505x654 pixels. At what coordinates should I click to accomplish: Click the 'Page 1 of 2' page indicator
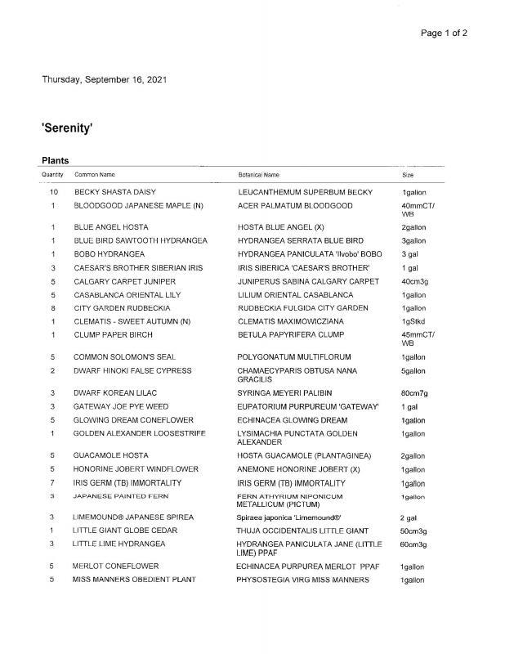click(x=444, y=33)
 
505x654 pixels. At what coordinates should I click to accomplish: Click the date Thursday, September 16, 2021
click(x=106, y=79)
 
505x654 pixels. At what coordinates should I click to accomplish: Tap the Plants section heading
click(x=55, y=160)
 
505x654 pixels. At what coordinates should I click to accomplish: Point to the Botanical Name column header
click(x=258, y=175)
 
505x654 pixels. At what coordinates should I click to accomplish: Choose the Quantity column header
click(x=52, y=175)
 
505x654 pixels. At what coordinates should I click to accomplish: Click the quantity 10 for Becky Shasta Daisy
click(x=54, y=192)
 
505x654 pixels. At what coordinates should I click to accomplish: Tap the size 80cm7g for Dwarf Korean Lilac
click(x=415, y=393)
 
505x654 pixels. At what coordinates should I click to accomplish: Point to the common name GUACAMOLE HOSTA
click(x=110, y=455)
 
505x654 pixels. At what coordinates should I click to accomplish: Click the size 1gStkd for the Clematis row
click(x=412, y=321)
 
